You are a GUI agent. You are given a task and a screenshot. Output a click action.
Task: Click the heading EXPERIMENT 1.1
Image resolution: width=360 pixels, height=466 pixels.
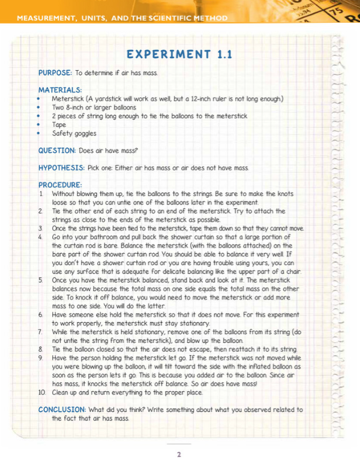pyautogui.click(x=179, y=55)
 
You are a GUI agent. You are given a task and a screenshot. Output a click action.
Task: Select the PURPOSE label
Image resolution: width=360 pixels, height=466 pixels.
pyautogui.click(x=55, y=73)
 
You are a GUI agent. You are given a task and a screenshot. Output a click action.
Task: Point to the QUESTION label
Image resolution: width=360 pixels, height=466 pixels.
pyautogui.click(x=56, y=150)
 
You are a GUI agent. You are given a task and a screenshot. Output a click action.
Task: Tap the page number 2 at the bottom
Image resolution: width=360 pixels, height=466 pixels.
pyautogui.click(x=179, y=455)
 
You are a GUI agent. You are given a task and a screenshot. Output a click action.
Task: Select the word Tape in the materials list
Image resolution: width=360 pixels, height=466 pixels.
pyautogui.click(x=59, y=125)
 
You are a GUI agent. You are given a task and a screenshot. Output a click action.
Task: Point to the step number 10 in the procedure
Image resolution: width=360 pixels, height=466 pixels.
pyautogui.click(x=41, y=392)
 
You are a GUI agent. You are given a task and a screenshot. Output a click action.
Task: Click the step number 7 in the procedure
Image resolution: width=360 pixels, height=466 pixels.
pyautogui.click(x=40, y=332)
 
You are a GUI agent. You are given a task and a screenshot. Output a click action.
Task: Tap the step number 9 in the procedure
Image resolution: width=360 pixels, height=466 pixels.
pyautogui.click(x=40, y=357)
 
